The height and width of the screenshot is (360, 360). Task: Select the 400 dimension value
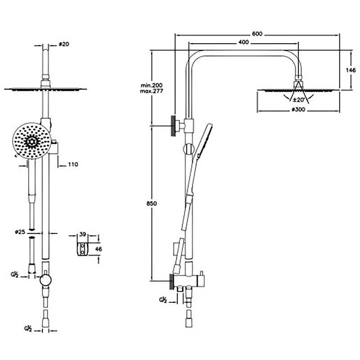[243, 43]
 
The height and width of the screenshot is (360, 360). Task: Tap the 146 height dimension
[351, 70]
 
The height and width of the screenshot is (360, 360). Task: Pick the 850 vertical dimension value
[152, 203]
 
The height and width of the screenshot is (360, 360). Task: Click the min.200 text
[151, 85]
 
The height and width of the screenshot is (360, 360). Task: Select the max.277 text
[151, 91]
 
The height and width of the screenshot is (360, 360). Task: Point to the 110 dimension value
[72, 165]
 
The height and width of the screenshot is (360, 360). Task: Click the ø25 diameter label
[19, 232]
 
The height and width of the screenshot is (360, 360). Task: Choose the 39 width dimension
[82, 234]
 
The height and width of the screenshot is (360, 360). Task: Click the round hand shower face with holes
[30, 142]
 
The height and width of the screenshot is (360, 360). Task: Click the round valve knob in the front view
[45, 280]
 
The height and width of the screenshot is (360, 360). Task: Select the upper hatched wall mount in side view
[172, 125]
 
